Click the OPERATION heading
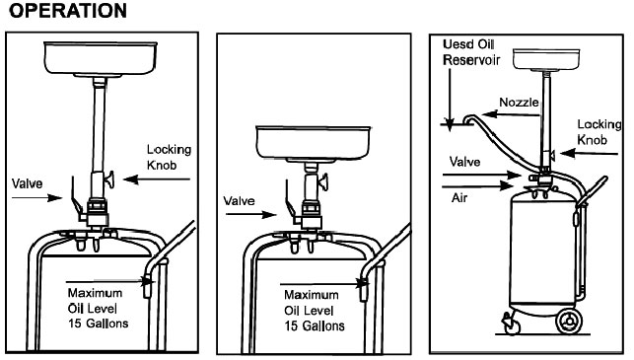[68, 11]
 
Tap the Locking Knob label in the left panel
[169, 157]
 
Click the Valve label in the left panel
[27, 183]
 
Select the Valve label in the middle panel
[239, 200]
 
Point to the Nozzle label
[519, 102]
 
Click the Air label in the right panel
[459, 198]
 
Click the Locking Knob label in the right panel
[599, 132]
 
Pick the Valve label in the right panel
[465, 162]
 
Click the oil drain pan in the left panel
[101, 59]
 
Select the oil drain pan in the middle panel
[313, 144]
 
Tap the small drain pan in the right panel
[546, 59]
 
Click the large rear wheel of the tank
[569, 322]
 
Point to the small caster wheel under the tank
[511, 324]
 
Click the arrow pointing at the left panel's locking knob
[157, 179]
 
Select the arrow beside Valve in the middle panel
[250, 214]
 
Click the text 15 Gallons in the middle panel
[315, 326]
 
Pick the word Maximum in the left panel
[95, 293]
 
